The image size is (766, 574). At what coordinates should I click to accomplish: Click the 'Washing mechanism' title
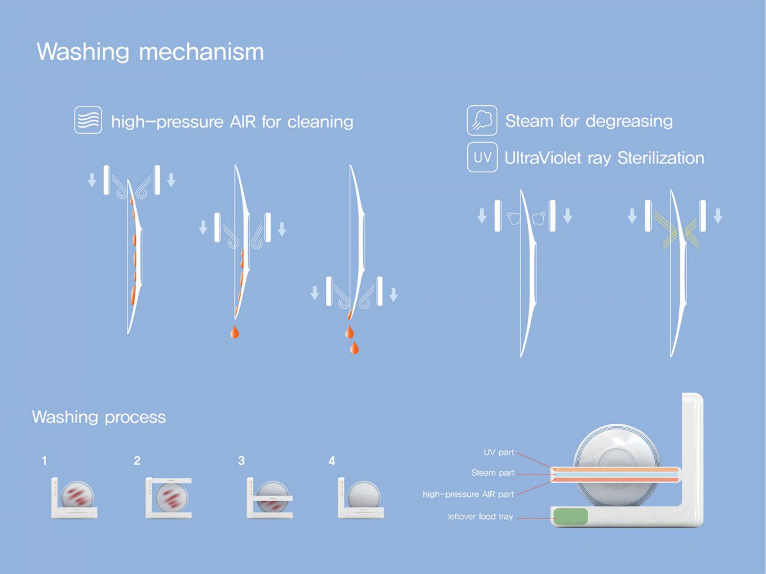pos(150,52)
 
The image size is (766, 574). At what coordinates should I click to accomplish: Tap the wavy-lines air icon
pos(88,120)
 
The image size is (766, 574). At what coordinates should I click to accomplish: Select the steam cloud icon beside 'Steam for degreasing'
pos(483,121)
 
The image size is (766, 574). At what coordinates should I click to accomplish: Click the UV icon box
pos(483,158)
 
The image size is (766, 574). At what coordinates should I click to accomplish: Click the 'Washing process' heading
pos(99,417)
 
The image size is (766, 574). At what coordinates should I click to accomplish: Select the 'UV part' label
pos(498,453)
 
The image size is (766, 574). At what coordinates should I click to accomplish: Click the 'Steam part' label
pos(493,473)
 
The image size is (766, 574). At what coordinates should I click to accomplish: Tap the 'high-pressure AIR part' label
pos(468,494)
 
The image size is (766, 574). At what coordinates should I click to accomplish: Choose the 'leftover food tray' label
pos(480,517)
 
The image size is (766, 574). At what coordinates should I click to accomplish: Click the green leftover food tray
pos(571,517)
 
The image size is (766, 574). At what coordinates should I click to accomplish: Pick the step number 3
pos(241,460)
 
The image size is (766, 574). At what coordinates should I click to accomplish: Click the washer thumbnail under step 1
pos(75,498)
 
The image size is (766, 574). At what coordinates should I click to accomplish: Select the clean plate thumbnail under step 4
pos(361,498)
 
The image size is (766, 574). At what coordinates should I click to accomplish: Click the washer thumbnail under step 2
pos(169,497)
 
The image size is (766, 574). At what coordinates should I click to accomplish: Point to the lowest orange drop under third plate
pos(354,348)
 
